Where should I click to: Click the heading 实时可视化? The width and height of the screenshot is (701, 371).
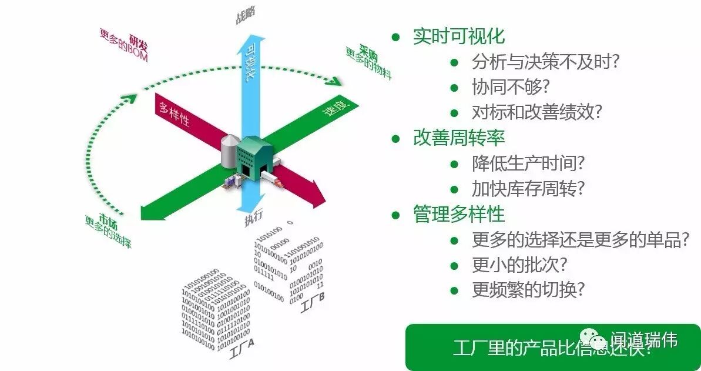click(x=458, y=36)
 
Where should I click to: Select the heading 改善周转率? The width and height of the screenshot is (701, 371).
click(x=458, y=138)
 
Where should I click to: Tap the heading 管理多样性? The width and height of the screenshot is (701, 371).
click(x=458, y=214)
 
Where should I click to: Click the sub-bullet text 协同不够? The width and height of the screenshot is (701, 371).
click(x=510, y=87)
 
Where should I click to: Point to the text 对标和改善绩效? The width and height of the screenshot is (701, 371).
click(x=537, y=112)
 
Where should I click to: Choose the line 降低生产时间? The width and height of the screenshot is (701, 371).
click(x=529, y=163)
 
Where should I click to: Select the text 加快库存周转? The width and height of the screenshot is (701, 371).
click(x=529, y=189)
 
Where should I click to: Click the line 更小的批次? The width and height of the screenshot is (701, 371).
click(x=519, y=265)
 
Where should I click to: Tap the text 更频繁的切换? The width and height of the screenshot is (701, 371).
click(x=529, y=290)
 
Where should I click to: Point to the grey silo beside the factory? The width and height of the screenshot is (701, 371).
click(x=229, y=151)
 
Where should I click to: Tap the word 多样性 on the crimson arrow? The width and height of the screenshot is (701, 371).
click(x=173, y=112)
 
